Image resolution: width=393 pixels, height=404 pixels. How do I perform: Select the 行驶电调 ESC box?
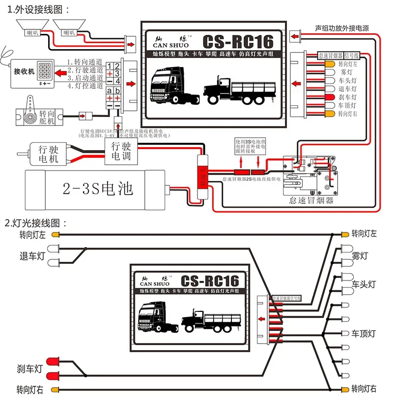tap(120, 152)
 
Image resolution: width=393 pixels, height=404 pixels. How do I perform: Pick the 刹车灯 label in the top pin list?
tap(347, 97)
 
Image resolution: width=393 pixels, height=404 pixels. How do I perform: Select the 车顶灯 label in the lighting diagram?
tap(363, 333)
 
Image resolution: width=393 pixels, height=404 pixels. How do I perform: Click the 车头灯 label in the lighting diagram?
tap(363, 284)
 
